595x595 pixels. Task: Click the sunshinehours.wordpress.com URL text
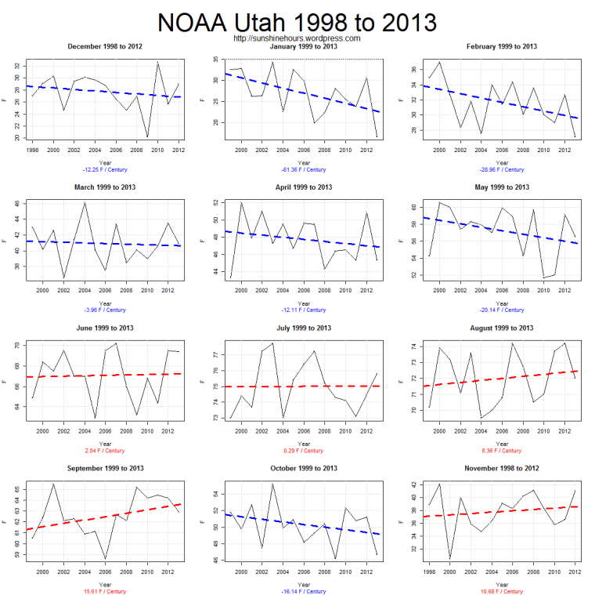297,38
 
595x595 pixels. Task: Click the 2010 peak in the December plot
158,63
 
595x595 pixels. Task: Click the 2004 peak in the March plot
85,203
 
